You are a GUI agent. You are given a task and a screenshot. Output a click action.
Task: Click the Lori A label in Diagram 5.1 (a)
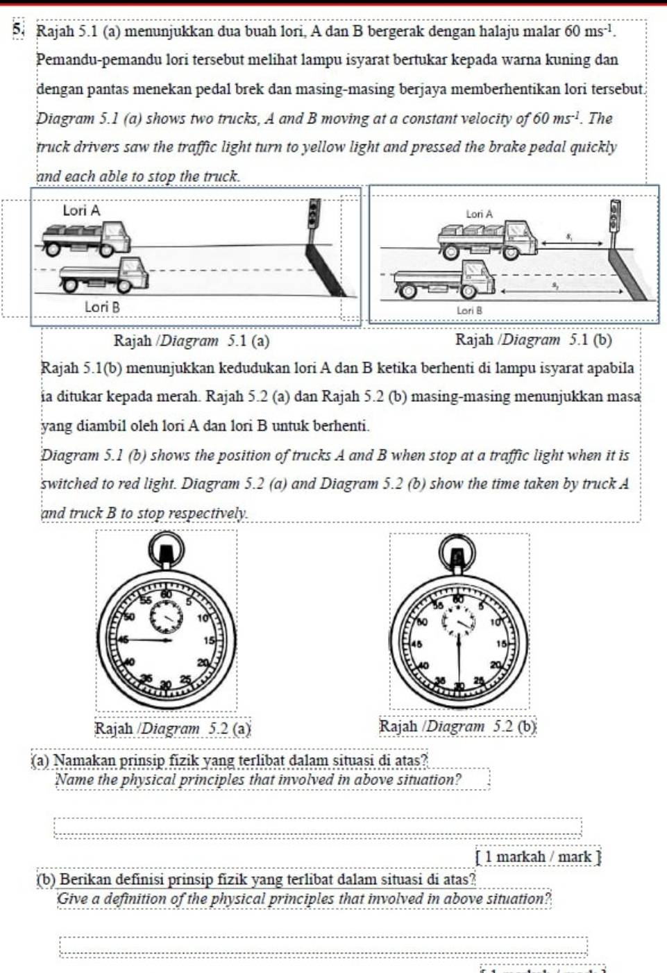pos(81,210)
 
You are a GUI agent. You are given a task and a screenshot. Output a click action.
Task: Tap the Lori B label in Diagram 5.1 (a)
pos(102,307)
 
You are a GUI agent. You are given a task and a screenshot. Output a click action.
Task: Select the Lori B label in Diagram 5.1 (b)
pos(469,310)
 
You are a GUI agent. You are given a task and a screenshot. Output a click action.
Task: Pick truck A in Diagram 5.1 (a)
pos(87,238)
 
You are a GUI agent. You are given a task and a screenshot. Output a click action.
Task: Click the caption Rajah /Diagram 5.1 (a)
pos(192,341)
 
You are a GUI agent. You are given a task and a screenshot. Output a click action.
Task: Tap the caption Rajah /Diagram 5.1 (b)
pos(533,339)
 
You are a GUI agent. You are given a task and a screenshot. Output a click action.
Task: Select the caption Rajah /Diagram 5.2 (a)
pos(172,728)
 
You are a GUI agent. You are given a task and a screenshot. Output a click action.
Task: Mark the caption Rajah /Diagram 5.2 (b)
pos(458,727)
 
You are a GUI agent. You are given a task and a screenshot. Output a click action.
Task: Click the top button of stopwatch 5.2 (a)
pos(167,551)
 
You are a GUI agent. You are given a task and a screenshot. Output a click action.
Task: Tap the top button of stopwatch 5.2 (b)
pos(457,555)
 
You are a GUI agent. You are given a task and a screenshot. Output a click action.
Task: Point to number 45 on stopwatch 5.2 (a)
pos(124,640)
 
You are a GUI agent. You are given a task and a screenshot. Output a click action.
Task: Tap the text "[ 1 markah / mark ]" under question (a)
pos(538,856)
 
